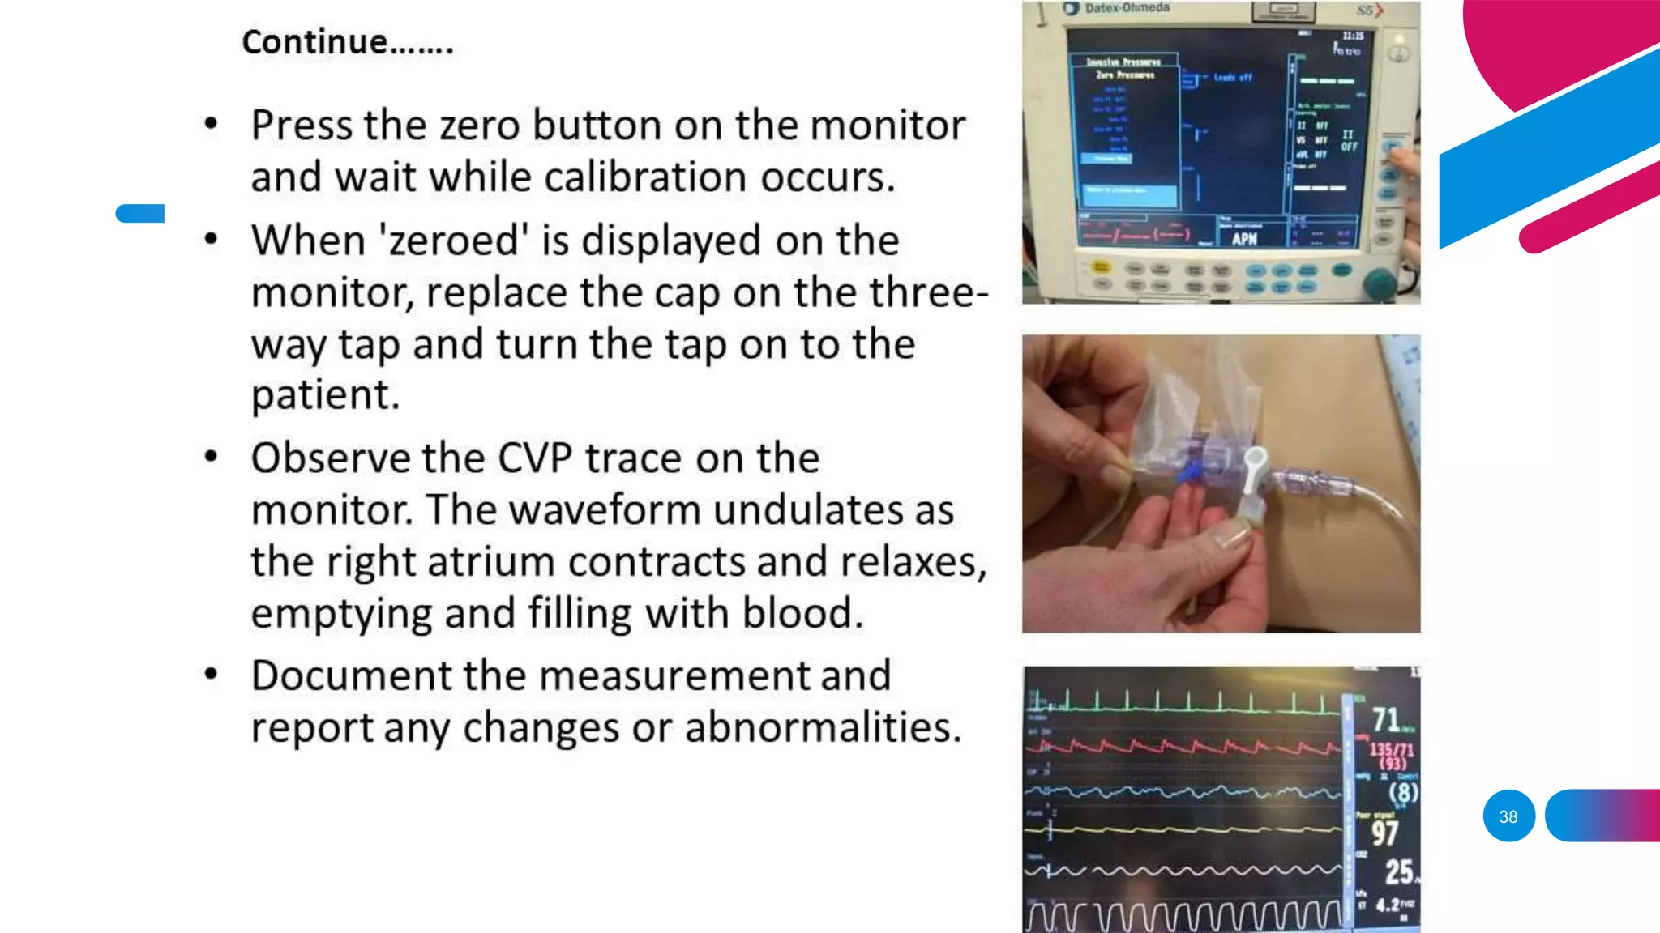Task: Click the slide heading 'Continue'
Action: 347,42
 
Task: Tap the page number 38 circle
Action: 1508,816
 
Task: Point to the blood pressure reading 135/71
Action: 1391,750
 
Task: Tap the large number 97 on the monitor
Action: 1384,833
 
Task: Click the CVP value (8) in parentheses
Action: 1403,791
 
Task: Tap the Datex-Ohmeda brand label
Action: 1127,8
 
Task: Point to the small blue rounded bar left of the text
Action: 140,213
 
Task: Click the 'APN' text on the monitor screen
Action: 1244,239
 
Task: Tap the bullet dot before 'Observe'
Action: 211,457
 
